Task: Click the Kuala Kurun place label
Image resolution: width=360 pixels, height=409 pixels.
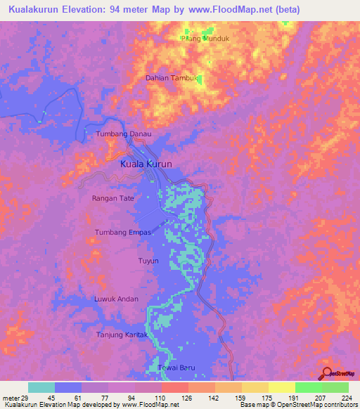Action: [146, 164]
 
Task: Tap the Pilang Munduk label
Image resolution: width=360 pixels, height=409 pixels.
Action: [205, 39]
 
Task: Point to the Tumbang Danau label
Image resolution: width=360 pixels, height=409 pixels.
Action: [123, 134]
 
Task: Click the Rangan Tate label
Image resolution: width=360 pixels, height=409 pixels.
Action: [112, 198]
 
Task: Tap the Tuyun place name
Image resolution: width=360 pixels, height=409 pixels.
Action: [148, 261]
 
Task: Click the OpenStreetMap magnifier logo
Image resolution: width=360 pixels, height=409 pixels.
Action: [326, 373]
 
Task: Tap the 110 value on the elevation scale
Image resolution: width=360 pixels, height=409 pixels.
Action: [160, 398]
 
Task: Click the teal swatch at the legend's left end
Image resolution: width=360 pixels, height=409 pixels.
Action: [41, 387]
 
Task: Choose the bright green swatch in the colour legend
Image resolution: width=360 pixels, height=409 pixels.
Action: [308, 387]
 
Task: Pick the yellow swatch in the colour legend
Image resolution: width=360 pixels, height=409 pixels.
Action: [281, 387]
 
